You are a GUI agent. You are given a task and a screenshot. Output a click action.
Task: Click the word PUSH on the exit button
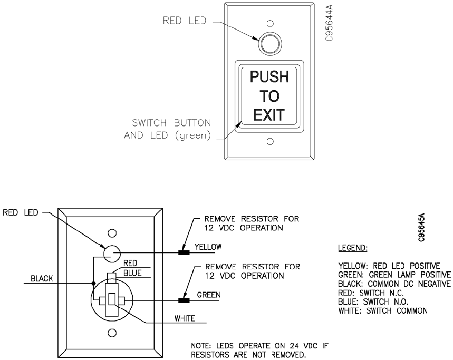[x=269, y=77]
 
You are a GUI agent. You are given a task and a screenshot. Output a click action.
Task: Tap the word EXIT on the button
[x=269, y=114]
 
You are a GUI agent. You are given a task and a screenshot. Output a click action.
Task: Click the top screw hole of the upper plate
[x=269, y=24]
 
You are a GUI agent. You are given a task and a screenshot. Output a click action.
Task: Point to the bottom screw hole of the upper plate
[x=269, y=141]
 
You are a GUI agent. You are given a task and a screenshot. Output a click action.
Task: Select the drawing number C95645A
[x=422, y=227]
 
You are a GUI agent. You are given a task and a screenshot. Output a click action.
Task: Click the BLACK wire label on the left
[x=42, y=279]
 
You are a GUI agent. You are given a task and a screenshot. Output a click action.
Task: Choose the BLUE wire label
[x=132, y=273]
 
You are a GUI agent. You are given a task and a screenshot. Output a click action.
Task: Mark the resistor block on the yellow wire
[x=184, y=252]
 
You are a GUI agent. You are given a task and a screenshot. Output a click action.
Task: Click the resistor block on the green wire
[x=184, y=301]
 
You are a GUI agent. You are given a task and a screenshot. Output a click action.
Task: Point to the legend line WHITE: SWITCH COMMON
[x=382, y=310]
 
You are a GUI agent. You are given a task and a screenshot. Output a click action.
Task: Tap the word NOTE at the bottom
[x=201, y=346]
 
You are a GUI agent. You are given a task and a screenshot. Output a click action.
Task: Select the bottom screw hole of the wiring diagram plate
[x=112, y=333]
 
